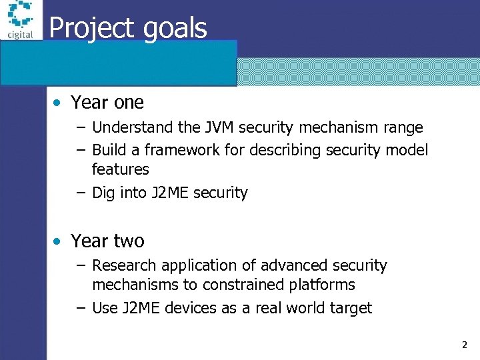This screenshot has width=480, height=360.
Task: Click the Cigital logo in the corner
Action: tap(21, 21)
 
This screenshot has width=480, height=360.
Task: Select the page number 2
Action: tap(464, 345)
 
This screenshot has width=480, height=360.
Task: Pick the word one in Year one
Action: tap(129, 103)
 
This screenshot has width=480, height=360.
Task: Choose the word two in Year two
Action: tap(129, 241)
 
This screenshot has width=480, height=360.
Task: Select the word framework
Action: tap(177, 150)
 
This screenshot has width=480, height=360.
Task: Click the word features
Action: tap(120, 169)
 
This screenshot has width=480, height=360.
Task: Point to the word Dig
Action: tap(103, 193)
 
